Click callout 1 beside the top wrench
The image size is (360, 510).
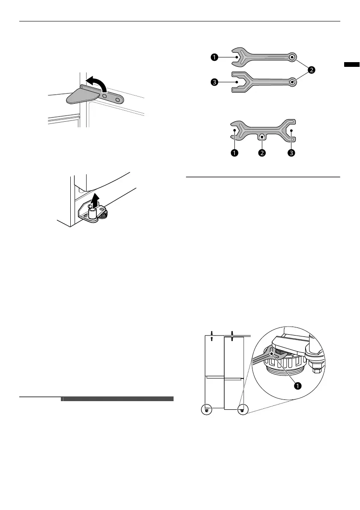pyautogui.click(x=214, y=58)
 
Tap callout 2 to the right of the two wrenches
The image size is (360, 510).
pyautogui.click(x=312, y=71)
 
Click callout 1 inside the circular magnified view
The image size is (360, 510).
pyautogui.click(x=297, y=385)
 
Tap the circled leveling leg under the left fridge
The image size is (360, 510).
pyautogui.click(x=207, y=410)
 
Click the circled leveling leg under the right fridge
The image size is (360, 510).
pyautogui.click(x=243, y=410)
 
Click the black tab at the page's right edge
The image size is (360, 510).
pyautogui.click(x=352, y=65)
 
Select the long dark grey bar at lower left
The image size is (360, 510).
pyautogui.click(x=118, y=399)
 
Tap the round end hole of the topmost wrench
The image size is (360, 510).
pyautogui.click(x=292, y=57)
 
